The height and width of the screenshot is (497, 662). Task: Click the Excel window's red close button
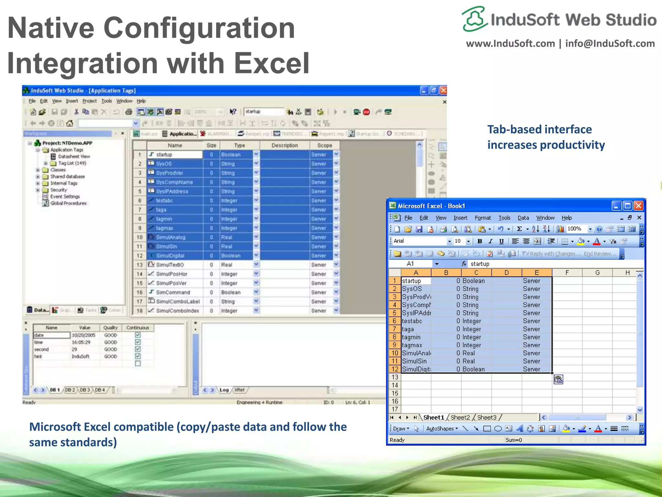pos(638,206)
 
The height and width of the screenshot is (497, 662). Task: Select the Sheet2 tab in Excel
pos(460,417)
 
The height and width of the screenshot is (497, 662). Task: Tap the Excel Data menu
pos(523,218)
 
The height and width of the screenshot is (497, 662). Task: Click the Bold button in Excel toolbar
pos(480,241)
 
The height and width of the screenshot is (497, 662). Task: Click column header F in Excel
pos(567,273)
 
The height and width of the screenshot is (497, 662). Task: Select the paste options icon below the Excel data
pos(558,379)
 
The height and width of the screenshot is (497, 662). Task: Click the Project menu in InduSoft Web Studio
pos(89,101)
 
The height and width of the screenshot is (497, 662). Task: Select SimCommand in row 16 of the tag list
pos(173,292)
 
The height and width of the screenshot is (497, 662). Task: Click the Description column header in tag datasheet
pos(284,145)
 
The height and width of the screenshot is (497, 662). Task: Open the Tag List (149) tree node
pos(72,163)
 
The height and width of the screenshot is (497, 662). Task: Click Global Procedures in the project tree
pos(68,203)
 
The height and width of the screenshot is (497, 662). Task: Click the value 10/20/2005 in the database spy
pos(83,335)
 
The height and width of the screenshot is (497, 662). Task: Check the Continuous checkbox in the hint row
pos(138,356)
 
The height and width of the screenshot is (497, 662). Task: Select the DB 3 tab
pos(85,390)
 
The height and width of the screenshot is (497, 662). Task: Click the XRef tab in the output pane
pos(240,390)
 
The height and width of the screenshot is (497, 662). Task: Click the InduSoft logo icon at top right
pos(474,19)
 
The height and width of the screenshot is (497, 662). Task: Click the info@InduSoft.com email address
pos(610,43)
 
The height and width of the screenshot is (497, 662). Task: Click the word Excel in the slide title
pos(272,63)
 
